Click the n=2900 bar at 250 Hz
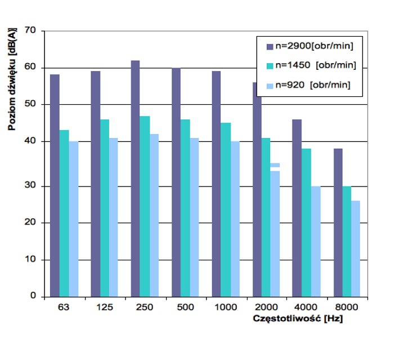pyautogui.click(x=135, y=178)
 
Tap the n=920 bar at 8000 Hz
pyautogui.click(x=355, y=248)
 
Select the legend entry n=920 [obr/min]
pyautogui.click(x=311, y=85)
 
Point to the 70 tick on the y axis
pyautogui.click(x=30, y=31)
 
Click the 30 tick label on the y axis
pyautogui.click(x=30, y=186)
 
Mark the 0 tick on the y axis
pyautogui.click(x=33, y=296)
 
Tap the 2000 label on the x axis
pyautogui.click(x=265, y=308)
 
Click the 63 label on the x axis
pyautogui.click(x=63, y=308)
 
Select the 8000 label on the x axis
pyautogui.click(x=346, y=308)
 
